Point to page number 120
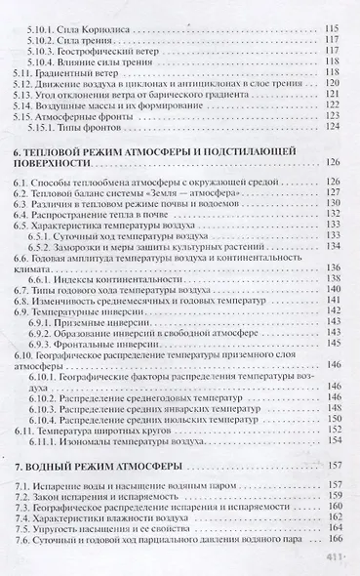tap(332, 85)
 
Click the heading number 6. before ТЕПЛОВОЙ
tap(21, 156)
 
